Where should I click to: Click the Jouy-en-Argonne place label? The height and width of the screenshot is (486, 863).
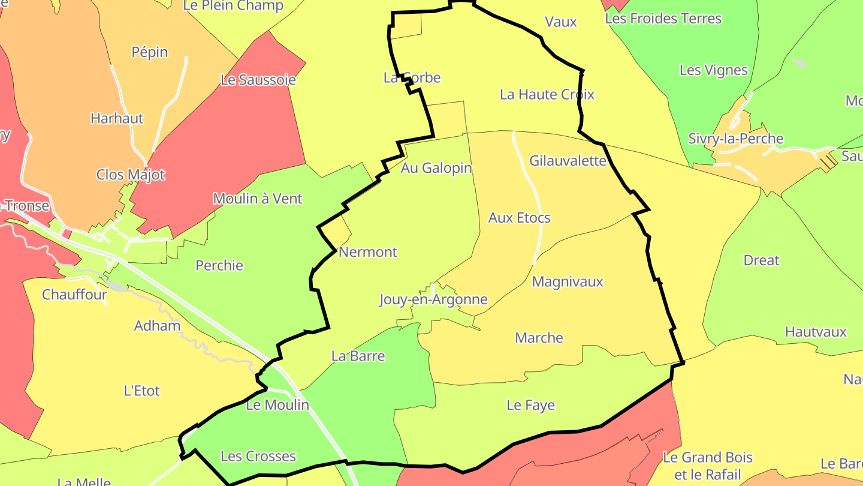433,299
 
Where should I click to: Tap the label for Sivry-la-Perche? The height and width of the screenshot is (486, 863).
735,139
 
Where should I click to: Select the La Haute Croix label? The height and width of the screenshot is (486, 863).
547,94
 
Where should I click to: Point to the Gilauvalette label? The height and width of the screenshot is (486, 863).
568,161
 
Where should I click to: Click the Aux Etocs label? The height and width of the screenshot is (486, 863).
519,218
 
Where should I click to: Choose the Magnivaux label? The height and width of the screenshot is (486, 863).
567,281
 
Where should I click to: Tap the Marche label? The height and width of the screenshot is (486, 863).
539,338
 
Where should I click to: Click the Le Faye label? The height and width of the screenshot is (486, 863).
530,405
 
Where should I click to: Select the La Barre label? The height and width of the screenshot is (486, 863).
358,356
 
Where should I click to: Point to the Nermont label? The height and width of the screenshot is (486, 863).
367,252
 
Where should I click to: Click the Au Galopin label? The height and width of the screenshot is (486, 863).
436,168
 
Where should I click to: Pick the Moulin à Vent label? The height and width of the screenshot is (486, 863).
258,199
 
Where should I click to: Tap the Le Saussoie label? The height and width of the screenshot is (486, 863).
258,80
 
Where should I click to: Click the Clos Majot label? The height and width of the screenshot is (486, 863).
131,175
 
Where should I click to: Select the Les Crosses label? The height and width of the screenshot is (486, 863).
258,456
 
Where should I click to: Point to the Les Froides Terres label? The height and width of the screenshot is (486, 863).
663,19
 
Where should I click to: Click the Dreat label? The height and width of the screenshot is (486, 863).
761,260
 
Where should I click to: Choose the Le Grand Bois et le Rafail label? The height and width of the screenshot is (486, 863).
707,466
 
